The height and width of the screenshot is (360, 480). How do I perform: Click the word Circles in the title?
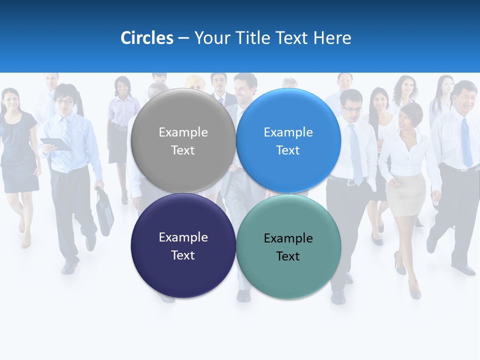(x=146, y=38)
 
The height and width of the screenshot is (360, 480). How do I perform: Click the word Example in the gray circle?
(x=183, y=132)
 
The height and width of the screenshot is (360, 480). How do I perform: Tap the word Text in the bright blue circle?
(x=288, y=150)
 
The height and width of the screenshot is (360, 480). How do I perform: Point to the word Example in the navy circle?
(x=183, y=237)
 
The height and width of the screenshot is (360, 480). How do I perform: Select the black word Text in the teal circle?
(x=288, y=256)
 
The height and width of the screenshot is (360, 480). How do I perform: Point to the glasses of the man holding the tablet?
(x=64, y=102)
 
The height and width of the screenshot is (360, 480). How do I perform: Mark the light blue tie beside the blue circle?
(x=355, y=155)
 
